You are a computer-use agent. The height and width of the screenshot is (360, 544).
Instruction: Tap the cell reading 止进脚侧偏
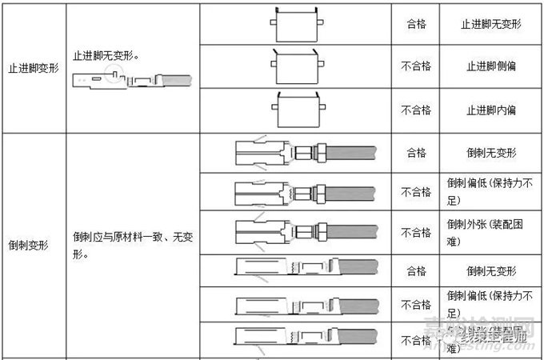[x=488, y=66]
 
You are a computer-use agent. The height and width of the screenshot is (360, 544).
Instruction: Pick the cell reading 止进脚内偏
[x=488, y=110]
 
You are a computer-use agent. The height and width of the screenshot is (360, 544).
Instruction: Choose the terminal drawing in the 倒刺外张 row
[x=304, y=233]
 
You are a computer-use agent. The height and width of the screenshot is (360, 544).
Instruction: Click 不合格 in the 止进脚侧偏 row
[x=416, y=66]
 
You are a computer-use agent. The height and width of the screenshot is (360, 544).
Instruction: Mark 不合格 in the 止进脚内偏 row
[x=416, y=110]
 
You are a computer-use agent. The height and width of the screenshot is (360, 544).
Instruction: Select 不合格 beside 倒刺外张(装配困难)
[x=416, y=233]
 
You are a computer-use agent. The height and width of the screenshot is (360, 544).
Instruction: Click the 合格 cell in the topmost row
[x=416, y=22]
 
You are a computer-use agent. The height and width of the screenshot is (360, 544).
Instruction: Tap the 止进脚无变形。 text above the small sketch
[x=109, y=57]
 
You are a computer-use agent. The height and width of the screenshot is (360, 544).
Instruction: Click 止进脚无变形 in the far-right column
[x=488, y=22]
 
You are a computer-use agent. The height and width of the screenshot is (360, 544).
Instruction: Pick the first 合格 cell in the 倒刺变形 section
[x=416, y=151]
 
